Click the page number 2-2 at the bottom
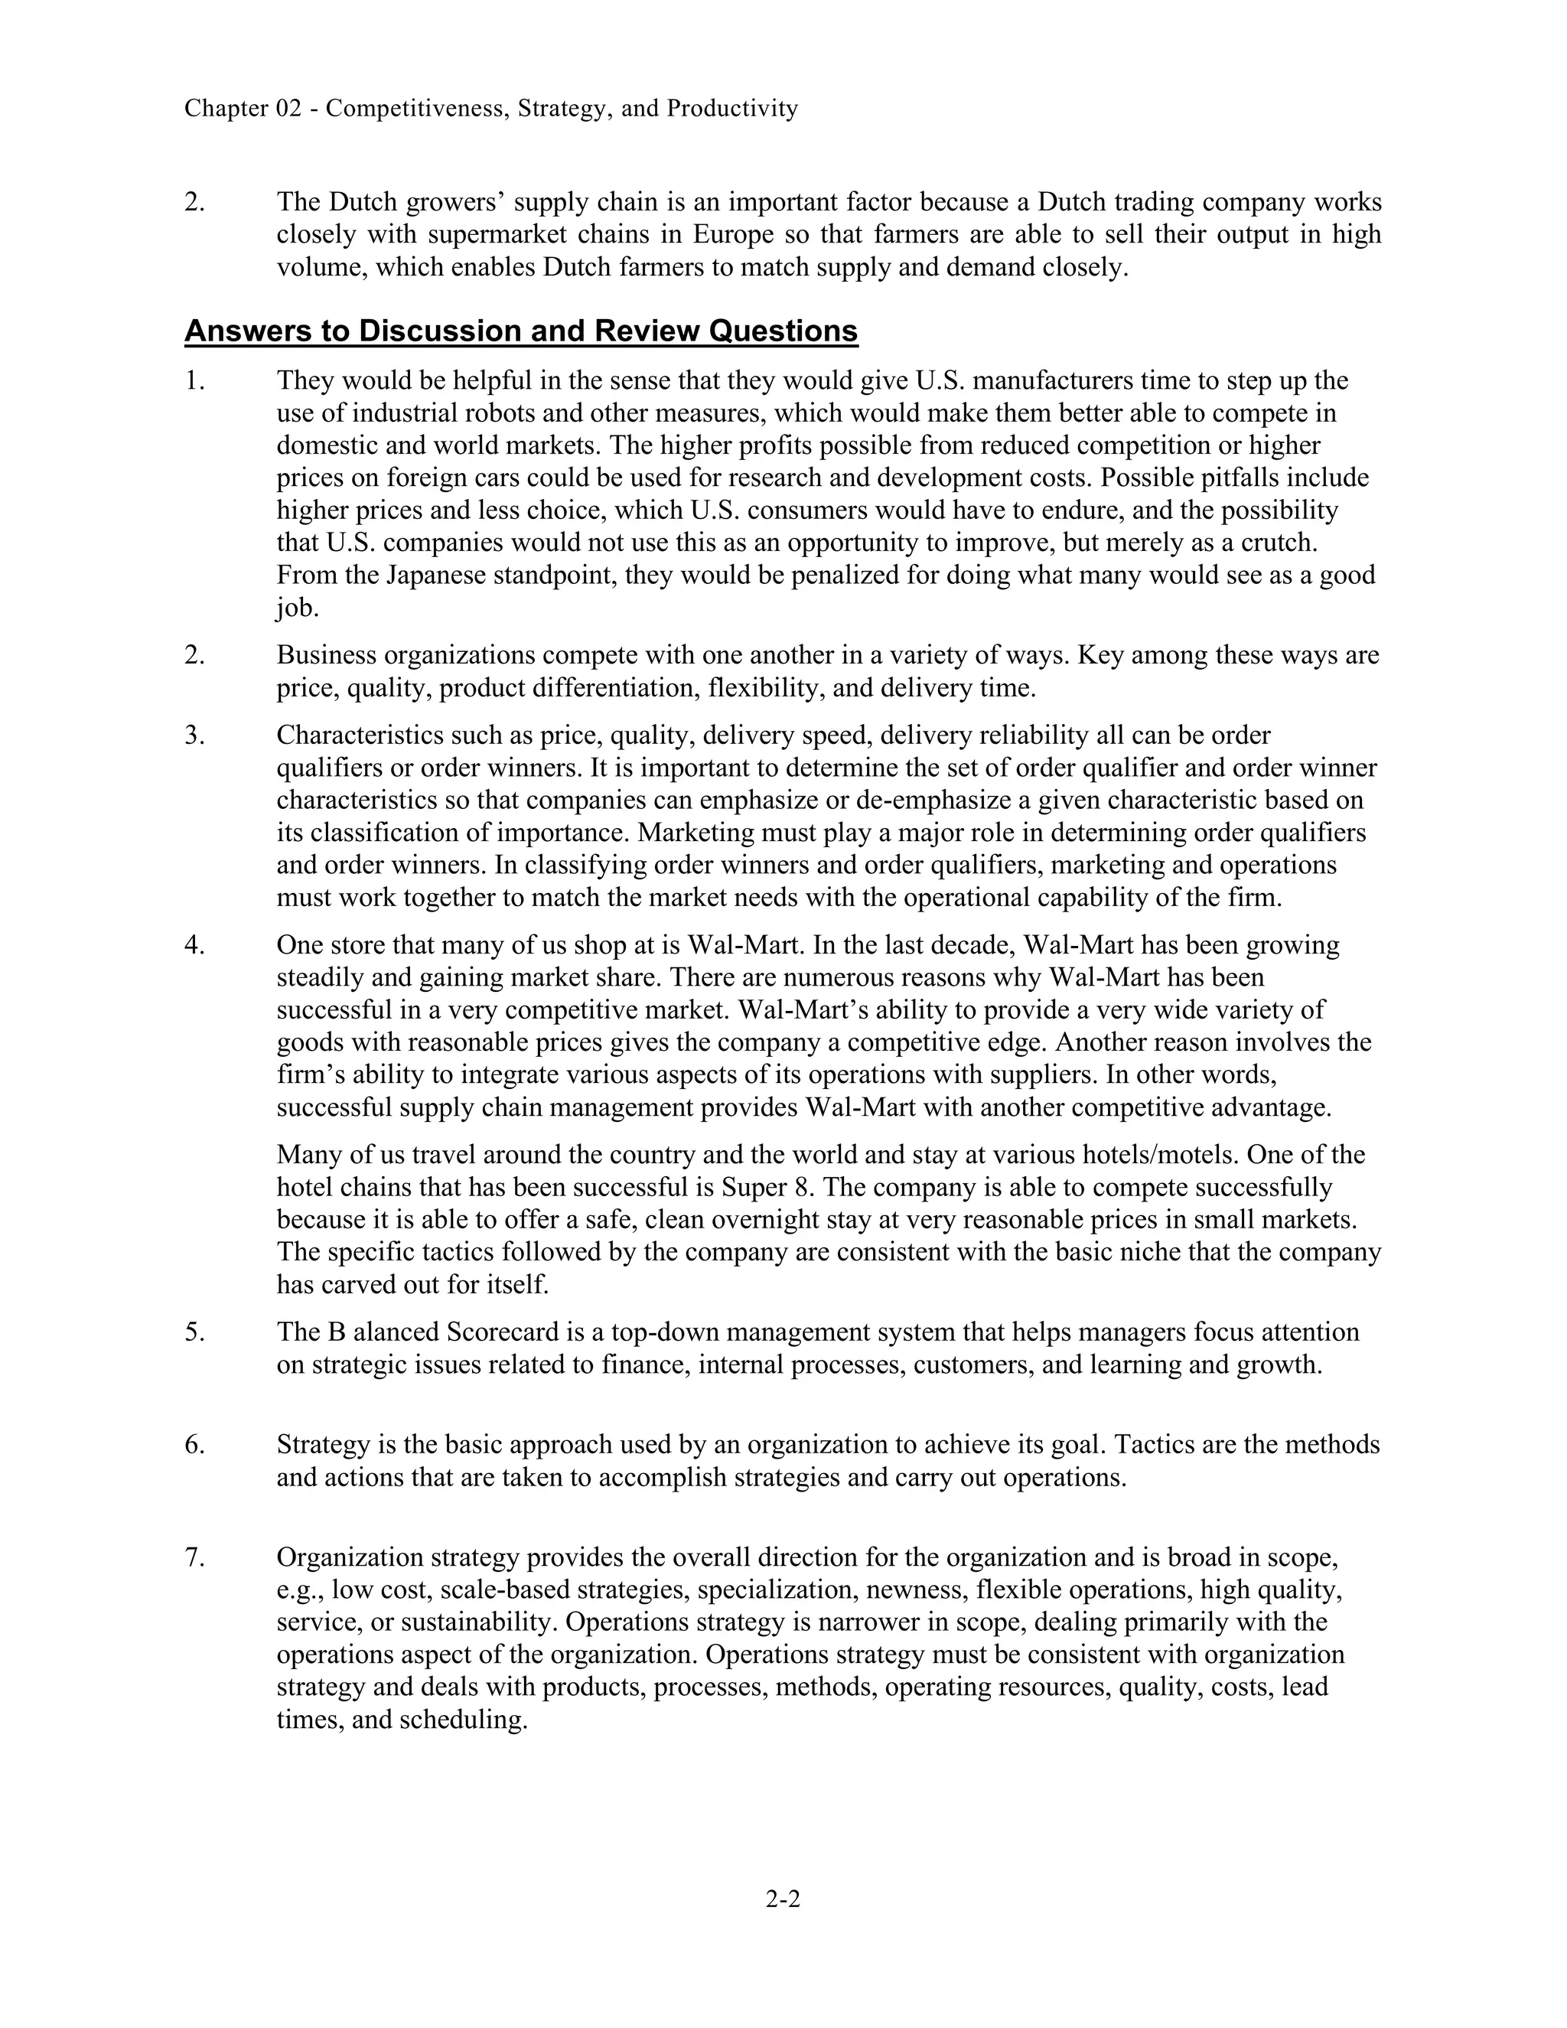pos(783,1899)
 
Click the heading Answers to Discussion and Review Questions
pos(521,331)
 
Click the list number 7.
pos(194,1557)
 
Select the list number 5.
pos(194,1332)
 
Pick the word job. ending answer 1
pos(297,608)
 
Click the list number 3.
pos(194,735)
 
